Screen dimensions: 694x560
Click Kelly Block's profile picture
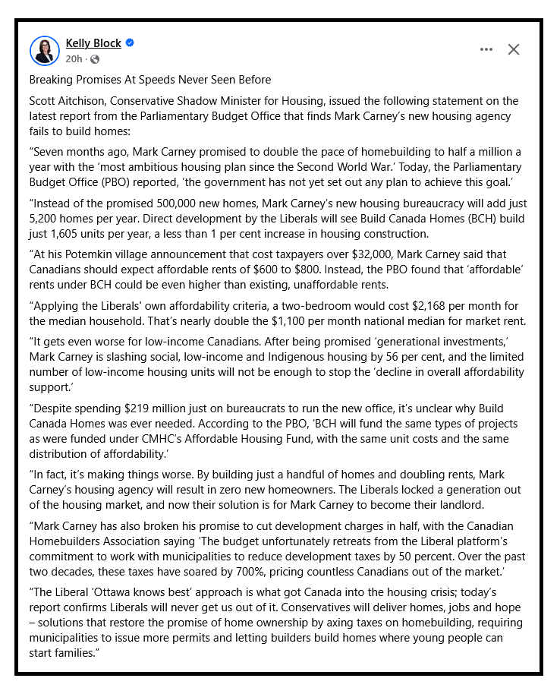tap(44, 50)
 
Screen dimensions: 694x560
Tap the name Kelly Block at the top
tap(93, 43)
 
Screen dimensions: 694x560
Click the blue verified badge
tap(130, 43)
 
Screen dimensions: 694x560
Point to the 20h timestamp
tap(73, 59)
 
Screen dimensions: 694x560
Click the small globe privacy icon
tap(94, 59)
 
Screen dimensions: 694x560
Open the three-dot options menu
tap(486, 49)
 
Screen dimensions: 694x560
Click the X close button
tap(514, 49)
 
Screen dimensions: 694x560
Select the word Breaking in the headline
tap(52, 80)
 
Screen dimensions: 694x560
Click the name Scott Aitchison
tap(67, 101)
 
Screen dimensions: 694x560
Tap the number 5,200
tap(47, 219)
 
